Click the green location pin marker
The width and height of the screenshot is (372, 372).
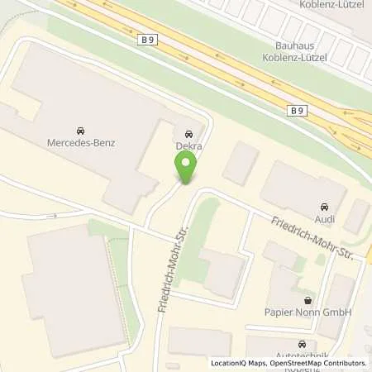[x=187, y=169]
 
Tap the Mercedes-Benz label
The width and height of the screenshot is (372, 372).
[x=81, y=143]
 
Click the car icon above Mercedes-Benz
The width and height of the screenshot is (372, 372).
[x=81, y=131]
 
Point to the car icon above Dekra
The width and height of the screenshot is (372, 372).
[x=189, y=133]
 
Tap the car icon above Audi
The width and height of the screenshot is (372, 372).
[x=322, y=206]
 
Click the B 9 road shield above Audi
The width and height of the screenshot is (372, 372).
[x=298, y=110]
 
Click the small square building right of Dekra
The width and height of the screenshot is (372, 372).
[x=241, y=162]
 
